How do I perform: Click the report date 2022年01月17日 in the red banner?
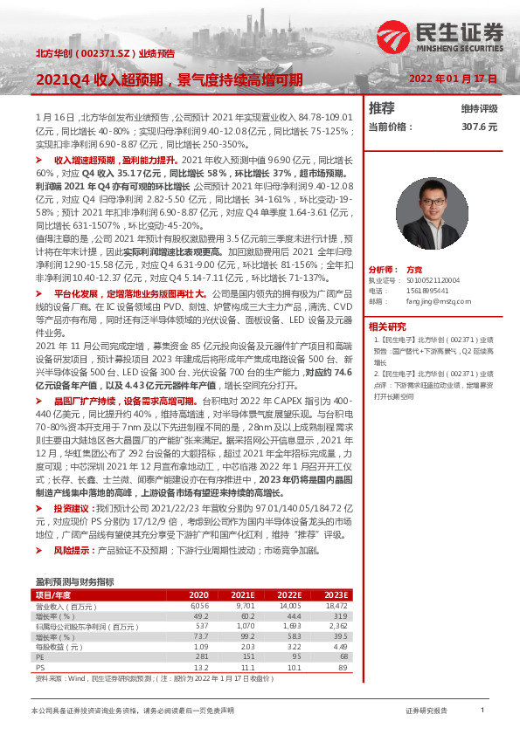[x=453, y=79]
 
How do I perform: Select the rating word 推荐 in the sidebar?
[x=382, y=108]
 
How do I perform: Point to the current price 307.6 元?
[x=479, y=127]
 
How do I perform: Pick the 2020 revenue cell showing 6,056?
[x=199, y=605]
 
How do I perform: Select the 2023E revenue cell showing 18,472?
[x=336, y=605]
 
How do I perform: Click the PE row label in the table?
[x=40, y=657]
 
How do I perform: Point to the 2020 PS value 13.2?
[x=201, y=668]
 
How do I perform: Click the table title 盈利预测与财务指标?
[x=74, y=581]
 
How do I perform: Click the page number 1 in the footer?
[x=482, y=711]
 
